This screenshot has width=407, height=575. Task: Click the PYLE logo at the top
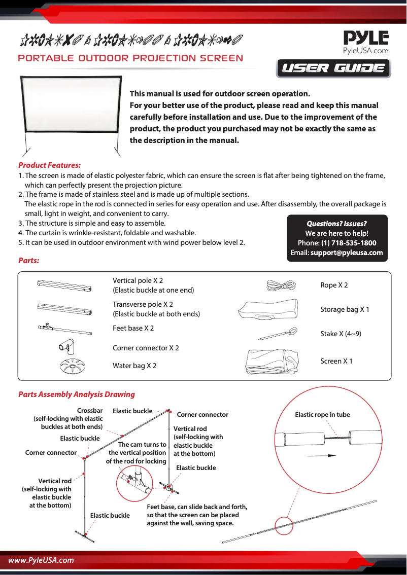(x=366, y=39)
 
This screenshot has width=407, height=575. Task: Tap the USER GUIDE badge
(x=333, y=68)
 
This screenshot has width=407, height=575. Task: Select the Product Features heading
(x=49, y=165)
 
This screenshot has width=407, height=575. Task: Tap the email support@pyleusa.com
(x=347, y=253)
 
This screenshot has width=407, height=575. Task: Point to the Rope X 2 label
(x=334, y=285)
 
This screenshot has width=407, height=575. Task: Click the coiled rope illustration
(x=280, y=285)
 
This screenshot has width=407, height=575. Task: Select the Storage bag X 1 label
(x=345, y=309)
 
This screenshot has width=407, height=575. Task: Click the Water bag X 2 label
(x=134, y=366)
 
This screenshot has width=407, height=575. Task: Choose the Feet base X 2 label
(x=133, y=328)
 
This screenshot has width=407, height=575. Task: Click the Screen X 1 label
(x=336, y=361)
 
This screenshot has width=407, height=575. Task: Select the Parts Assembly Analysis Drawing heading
(x=77, y=394)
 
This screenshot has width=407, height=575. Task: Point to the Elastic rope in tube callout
(x=322, y=415)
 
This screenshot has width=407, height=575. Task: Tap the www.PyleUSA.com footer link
(x=41, y=560)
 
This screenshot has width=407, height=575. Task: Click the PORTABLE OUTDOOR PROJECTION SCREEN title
(x=130, y=58)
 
